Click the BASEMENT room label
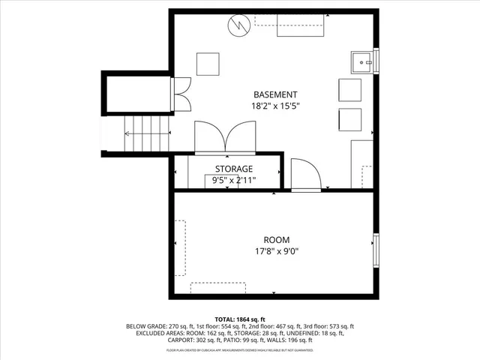click(274, 94)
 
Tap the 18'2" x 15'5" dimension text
click(274, 106)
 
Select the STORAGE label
click(234, 169)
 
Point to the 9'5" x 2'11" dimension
click(234, 180)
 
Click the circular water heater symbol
click(238, 26)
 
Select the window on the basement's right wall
click(376, 60)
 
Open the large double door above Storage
click(224, 137)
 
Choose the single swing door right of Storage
click(305, 175)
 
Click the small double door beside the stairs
click(181, 96)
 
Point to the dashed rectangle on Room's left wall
click(180, 244)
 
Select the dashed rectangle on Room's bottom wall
click(217, 288)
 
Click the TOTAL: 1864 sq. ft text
click(240, 319)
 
